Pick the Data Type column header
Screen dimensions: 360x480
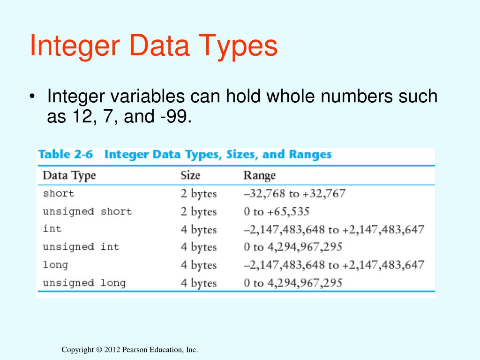(69, 176)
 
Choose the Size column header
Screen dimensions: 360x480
(190, 176)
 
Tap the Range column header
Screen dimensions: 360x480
(259, 176)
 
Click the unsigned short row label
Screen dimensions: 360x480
(87, 211)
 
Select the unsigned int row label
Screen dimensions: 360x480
(81, 247)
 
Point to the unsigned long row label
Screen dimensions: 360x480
(84, 283)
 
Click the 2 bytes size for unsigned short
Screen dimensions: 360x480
(199, 212)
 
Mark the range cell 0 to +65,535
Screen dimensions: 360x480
(277, 211)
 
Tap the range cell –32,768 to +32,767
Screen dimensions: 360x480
(294, 194)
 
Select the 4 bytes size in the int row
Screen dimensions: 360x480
(199, 230)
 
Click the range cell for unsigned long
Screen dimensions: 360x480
(293, 283)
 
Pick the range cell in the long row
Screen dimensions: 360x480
(334, 265)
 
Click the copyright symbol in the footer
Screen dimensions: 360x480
(98, 350)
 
